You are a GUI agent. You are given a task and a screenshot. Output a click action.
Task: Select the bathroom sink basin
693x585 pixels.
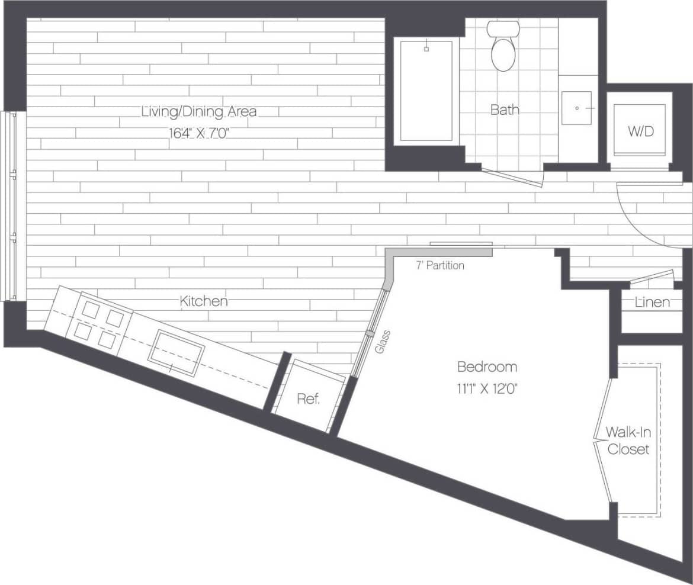pyautogui.click(x=576, y=108)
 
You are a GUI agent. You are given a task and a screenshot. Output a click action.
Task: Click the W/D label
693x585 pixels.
pyautogui.click(x=641, y=131)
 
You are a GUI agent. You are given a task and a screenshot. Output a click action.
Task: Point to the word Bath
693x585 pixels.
pyautogui.click(x=505, y=110)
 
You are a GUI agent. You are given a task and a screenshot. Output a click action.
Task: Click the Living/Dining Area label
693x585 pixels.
pyautogui.click(x=199, y=111)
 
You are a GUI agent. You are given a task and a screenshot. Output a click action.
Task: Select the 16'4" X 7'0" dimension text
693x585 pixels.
pyautogui.click(x=199, y=133)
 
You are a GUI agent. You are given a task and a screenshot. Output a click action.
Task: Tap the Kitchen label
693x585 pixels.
pyautogui.click(x=204, y=301)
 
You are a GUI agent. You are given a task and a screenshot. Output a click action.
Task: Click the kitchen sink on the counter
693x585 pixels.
pyautogui.click(x=176, y=353)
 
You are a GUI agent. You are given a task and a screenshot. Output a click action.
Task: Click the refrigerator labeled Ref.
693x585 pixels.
pyautogui.click(x=309, y=397)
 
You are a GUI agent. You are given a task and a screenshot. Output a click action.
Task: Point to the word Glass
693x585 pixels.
pyautogui.click(x=383, y=342)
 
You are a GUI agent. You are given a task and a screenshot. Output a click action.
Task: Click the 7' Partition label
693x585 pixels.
pyautogui.click(x=439, y=266)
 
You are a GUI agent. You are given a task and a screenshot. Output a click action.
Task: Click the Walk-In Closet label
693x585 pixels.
pyautogui.click(x=628, y=441)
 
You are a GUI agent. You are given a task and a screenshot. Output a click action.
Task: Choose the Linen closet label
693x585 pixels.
pyautogui.click(x=652, y=303)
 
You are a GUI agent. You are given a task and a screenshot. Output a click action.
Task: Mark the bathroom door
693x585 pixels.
pyautogui.click(x=512, y=176)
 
